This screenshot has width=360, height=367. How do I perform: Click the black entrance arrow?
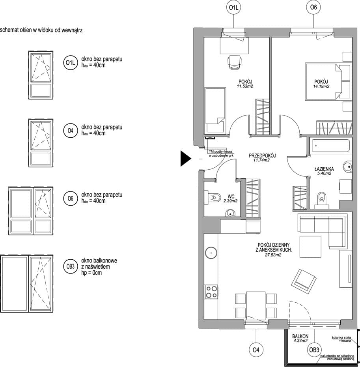[185, 159]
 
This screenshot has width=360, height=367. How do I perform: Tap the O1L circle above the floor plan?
[234, 7]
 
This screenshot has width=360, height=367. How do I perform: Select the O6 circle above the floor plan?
[313, 7]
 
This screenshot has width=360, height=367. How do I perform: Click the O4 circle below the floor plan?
[256, 350]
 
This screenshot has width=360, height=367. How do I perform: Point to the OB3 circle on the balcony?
[314, 350]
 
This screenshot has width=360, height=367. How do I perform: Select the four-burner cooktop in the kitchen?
[211, 292]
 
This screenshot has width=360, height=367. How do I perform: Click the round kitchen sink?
[211, 253]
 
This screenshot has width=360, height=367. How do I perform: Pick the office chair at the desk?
[234, 62]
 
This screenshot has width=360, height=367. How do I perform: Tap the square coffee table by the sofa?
[310, 247]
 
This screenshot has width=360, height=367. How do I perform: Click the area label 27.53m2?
[273, 255]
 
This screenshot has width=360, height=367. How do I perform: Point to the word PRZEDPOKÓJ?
[262, 155]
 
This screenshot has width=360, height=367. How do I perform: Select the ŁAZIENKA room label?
[324, 169]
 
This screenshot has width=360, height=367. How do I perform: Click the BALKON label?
[300, 336]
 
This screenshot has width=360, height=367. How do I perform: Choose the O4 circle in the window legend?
[71, 130]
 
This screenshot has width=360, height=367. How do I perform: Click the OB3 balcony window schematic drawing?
[27, 283]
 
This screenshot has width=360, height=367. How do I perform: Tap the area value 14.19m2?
[321, 86]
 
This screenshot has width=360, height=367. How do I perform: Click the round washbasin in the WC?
[230, 213]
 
